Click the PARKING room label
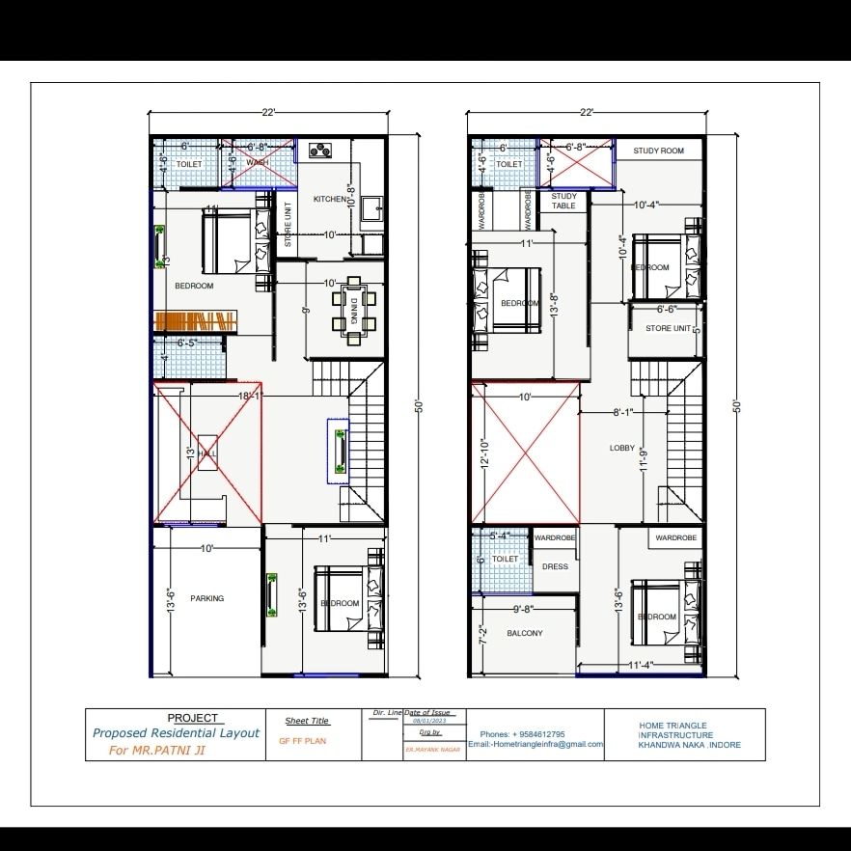point(206,598)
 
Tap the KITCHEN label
point(330,199)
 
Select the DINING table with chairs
point(354,310)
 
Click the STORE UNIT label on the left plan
point(288,223)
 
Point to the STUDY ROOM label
point(658,151)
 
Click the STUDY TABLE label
point(563,201)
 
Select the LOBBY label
point(622,448)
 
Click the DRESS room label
point(555,566)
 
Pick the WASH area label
point(258,162)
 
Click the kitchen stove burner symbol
point(320,150)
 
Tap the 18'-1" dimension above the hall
point(250,396)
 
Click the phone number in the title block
point(522,734)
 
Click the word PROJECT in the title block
point(193,718)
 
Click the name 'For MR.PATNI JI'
point(155,750)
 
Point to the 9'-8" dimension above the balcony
point(525,609)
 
